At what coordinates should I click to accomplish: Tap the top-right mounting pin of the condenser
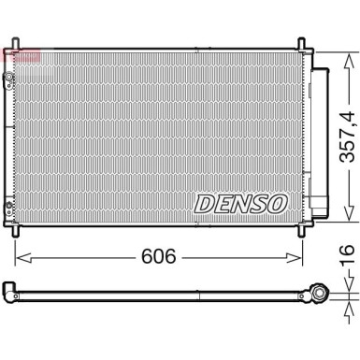coord(301,41)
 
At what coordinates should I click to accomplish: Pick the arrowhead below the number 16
coord(345,281)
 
